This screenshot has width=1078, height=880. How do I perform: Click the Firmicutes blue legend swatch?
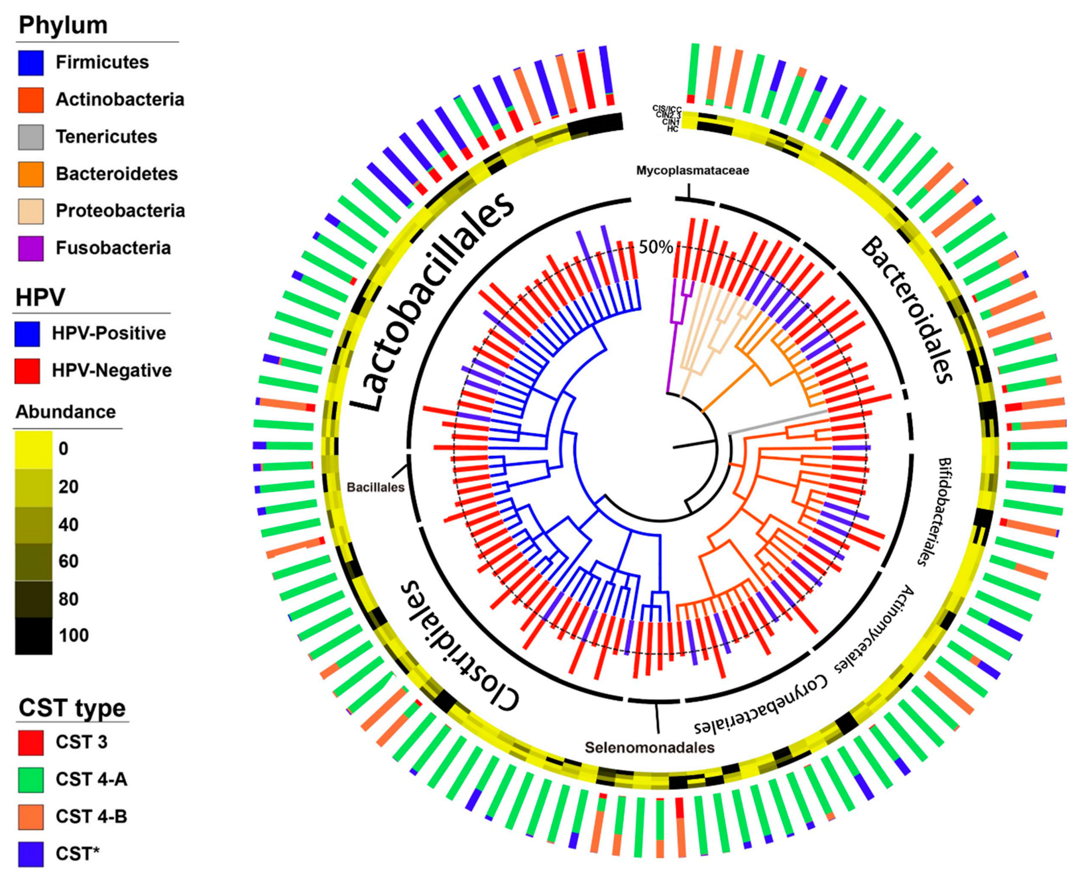[31, 63]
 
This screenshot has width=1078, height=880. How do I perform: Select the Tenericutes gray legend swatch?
[31, 137]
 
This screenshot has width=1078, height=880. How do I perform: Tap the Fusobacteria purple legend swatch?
[31, 248]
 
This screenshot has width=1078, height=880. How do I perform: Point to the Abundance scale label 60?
[68, 561]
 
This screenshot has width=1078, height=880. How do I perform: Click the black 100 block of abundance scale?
[33, 636]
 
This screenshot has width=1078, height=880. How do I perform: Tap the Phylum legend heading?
[63, 25]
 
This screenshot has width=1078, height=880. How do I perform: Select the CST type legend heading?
[72, 708]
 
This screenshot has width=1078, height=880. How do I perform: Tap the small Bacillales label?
[376, 487]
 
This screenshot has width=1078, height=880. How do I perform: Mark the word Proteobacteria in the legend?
[120, 211]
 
